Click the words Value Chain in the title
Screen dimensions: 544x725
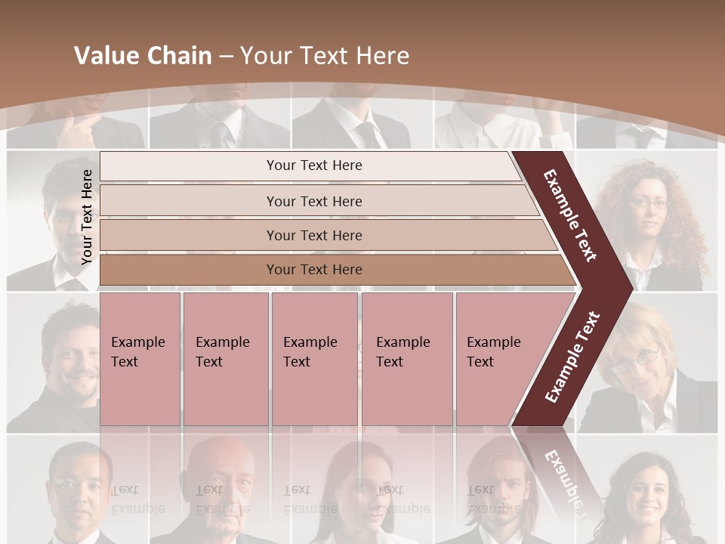click(143, 56)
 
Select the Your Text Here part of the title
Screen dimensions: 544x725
click(325, 56)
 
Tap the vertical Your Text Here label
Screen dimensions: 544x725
click(87, 218)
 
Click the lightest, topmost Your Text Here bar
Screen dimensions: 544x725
click(313, 165)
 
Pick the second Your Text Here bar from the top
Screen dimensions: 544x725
click(313, 201)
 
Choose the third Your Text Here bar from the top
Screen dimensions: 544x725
click(313, 235)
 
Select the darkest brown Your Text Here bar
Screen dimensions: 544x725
click(313, 270)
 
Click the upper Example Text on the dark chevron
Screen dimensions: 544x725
click(570, 216)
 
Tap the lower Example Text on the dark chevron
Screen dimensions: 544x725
click(572, 357)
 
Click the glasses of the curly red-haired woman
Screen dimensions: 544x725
click(649, 202)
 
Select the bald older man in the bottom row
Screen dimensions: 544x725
click(224, 484)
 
